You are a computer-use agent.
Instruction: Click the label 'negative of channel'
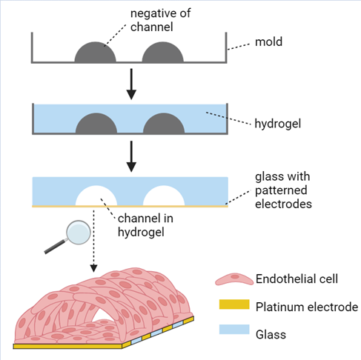(160, 20)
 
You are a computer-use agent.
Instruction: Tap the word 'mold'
(268, 41)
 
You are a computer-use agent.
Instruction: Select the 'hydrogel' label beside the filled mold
(278, 124)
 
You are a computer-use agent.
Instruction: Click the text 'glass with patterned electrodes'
(283, 190)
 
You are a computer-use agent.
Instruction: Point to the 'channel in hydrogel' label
(145, 225)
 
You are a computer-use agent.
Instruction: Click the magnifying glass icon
(68, 236)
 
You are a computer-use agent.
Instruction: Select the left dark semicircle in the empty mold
(95, 52)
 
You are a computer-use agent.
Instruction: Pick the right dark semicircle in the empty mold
(162, 52)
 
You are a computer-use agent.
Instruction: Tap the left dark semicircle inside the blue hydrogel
(96, 124)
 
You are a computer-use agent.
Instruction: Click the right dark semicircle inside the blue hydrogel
(164, 124)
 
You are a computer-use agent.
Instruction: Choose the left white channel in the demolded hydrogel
(96, 196)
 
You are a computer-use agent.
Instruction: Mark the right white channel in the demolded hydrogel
(164, 196)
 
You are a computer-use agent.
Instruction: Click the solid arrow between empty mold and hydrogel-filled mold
(131, 84)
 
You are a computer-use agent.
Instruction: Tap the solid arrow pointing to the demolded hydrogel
(131, 156)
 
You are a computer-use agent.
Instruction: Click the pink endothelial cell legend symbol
(234, 279)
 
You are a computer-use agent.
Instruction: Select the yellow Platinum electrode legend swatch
(234, 304)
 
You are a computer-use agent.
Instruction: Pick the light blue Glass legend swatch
(234, 329)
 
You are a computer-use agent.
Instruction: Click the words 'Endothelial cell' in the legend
(297, 279)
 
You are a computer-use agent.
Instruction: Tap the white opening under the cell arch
(102, 316)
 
